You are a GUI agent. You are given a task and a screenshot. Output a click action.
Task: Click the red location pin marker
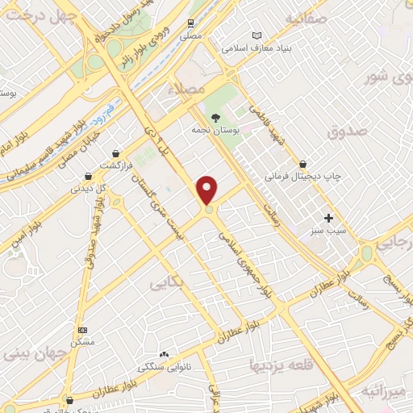208,190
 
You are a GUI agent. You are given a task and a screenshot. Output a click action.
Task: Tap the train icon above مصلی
190,23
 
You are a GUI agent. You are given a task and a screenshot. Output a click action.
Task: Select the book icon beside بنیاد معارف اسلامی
257,35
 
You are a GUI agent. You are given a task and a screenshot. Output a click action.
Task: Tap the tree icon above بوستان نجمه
215,118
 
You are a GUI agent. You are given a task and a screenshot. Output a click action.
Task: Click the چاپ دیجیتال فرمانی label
305,175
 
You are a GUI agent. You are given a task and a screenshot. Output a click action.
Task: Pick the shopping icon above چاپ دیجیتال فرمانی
302,164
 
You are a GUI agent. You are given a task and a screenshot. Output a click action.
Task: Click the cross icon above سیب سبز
327,218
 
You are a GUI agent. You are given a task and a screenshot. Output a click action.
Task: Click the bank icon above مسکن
82,330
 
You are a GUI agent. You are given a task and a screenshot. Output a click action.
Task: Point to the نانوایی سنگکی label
165,367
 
